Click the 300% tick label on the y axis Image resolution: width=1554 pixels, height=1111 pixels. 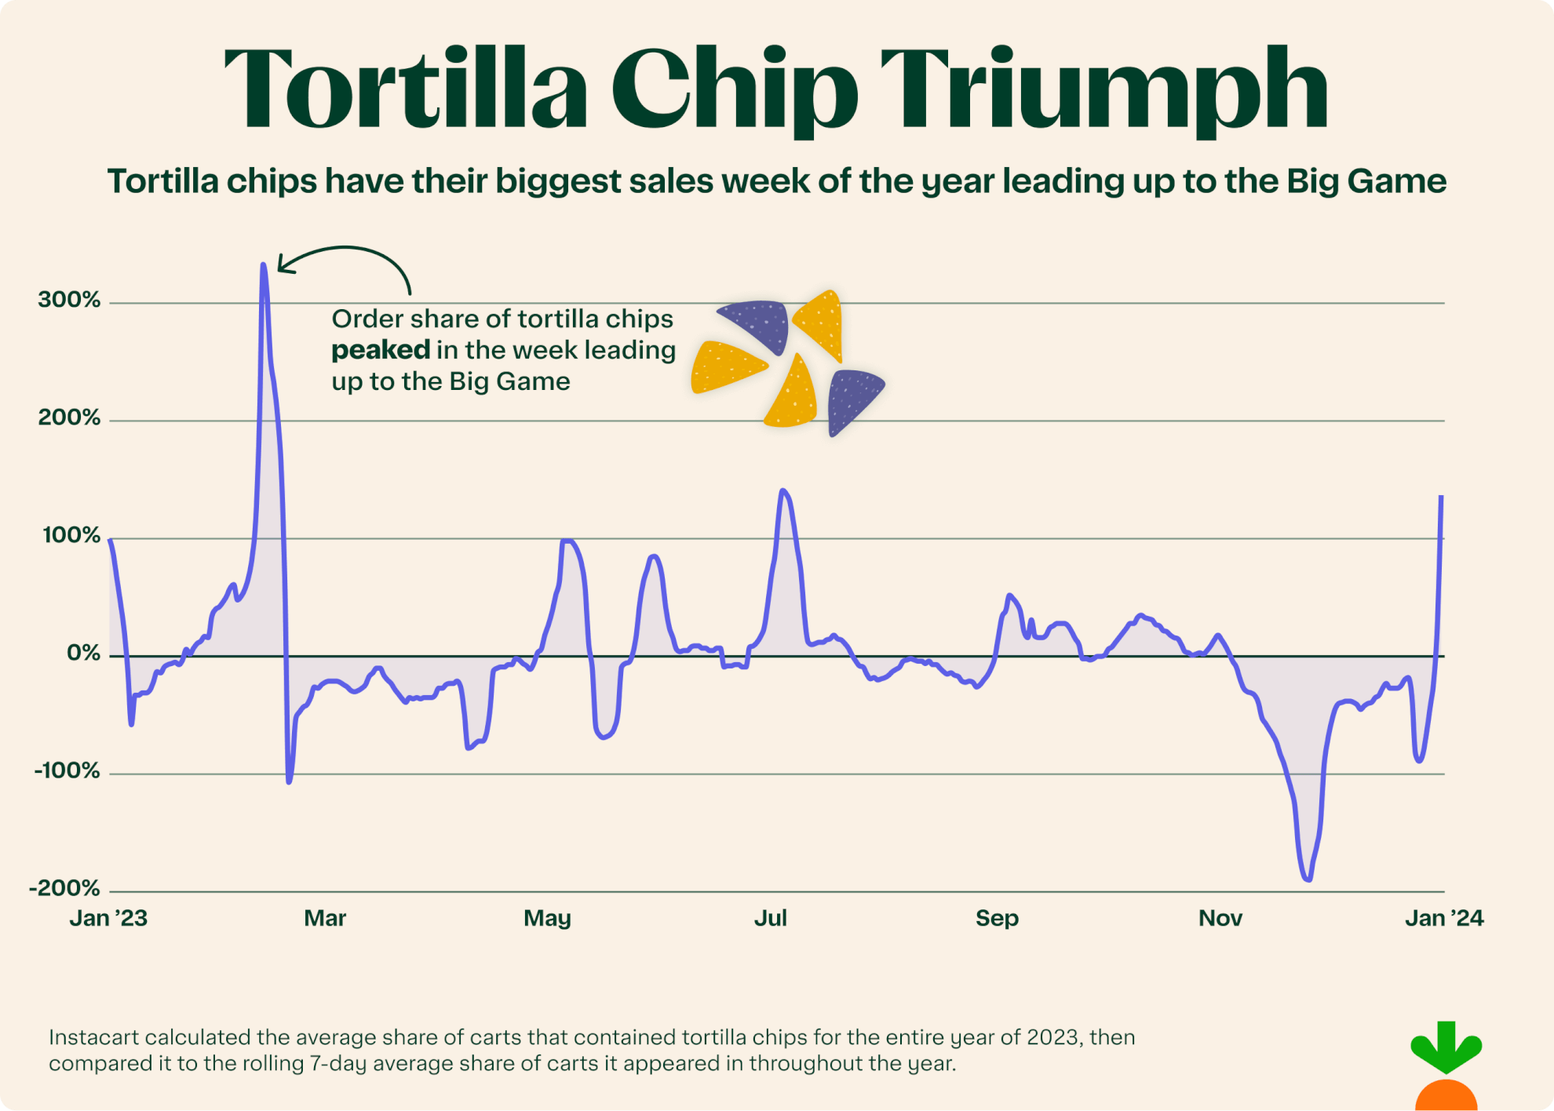69,300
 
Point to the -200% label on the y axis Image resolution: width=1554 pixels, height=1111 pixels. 65,888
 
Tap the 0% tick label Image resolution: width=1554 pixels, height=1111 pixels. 83,653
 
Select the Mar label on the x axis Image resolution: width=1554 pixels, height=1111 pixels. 325,918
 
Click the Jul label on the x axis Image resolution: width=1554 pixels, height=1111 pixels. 770,918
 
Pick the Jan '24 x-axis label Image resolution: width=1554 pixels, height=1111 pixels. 1443,918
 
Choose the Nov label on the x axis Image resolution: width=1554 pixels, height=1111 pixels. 1220,918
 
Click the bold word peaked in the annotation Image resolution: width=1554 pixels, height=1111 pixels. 381,350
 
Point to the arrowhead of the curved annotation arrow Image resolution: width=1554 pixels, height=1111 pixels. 281,268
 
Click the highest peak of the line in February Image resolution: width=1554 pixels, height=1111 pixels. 263,265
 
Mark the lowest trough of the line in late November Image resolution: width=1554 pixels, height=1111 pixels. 1308,880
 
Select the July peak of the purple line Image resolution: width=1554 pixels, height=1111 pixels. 782,491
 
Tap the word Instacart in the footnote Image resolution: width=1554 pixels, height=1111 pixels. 93,1037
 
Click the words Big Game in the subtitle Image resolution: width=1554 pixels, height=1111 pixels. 1366,181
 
